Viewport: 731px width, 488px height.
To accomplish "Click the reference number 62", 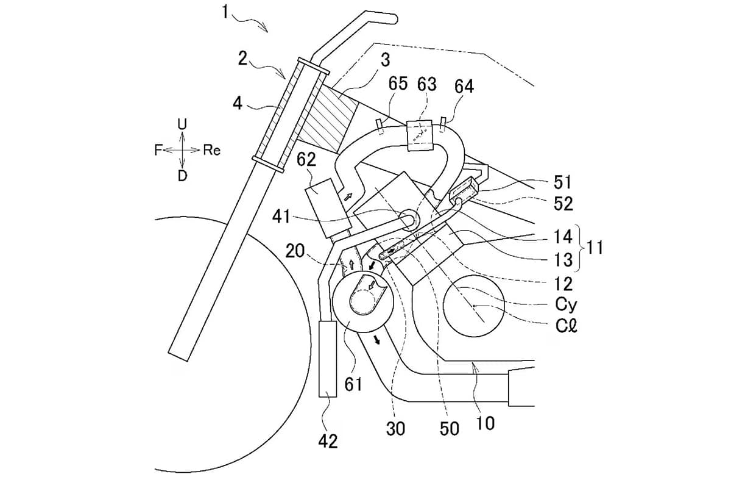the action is point(306,160).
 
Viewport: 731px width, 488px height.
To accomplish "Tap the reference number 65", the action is point(398,84).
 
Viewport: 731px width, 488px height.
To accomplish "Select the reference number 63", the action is point(427,84).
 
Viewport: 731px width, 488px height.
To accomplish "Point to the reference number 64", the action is point(464,87).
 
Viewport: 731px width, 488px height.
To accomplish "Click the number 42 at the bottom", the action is point(328,442).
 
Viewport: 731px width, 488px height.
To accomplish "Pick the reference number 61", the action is point(353,384).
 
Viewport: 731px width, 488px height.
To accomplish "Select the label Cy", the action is point(566,305).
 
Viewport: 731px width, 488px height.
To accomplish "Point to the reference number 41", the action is point(281,216).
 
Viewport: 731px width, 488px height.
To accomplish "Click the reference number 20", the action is point(295,251).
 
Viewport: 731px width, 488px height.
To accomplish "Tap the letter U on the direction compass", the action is point(182,124).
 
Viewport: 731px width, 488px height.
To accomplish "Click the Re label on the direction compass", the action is point(212,150).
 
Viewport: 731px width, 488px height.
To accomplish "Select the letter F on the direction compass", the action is point(158,150).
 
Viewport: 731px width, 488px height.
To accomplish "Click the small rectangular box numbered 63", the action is point(420,135).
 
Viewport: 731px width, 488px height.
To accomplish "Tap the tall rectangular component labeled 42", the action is point(328,359).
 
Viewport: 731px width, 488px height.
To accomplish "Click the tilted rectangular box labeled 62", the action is point(328,208).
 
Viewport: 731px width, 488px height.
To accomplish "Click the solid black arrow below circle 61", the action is point(377,340).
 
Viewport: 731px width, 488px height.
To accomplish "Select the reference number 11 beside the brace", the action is point(595,248).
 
